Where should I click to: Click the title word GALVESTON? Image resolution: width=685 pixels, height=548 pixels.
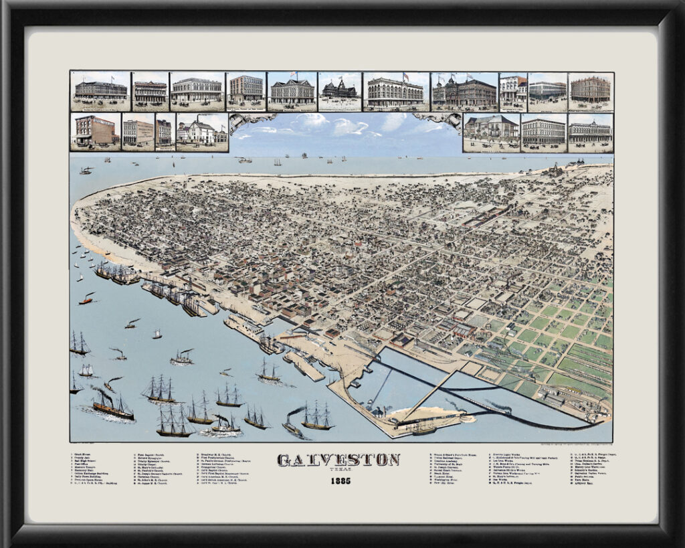(338, 460)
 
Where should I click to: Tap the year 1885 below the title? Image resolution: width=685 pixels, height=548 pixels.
(339, 480)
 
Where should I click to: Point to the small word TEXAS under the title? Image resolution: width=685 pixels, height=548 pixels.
(339, 470)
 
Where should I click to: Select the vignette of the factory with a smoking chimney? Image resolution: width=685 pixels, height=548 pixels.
(202, 132)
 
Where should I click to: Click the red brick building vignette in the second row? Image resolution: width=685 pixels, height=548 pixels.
(95, 132)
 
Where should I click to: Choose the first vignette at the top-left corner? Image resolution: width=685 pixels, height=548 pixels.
(100, 91)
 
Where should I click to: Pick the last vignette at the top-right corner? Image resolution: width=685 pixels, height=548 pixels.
(590, 91)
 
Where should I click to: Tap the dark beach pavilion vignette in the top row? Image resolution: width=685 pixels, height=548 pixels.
(339, 91)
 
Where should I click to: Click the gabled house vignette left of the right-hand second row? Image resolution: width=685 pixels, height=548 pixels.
(490, 132)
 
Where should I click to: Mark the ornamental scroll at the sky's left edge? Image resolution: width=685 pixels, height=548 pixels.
(252, 120)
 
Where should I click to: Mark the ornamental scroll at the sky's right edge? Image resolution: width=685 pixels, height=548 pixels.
(437, 120)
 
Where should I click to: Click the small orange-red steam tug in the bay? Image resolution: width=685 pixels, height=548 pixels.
(86, 299)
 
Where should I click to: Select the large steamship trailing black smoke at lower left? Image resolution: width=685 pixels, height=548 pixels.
(112, 406)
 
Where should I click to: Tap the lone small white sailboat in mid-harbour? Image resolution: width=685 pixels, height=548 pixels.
(157, 334)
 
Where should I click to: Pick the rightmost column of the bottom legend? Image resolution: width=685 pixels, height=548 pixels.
(592, 468)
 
